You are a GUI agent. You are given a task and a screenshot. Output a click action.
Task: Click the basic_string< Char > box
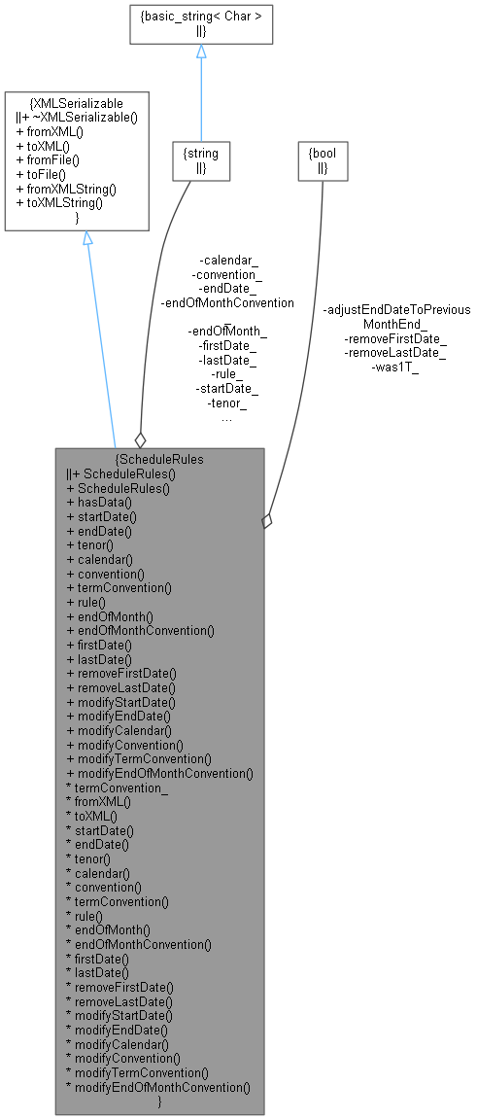[201, 23]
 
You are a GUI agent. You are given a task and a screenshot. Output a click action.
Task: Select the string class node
[201, 159]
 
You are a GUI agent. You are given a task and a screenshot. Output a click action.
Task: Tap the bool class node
[322, 159]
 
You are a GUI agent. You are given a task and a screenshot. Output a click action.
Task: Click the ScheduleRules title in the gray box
[159, 458]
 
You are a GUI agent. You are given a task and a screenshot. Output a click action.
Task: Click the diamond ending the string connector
[141, 439]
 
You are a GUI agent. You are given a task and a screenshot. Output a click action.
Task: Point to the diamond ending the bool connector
[267, 521]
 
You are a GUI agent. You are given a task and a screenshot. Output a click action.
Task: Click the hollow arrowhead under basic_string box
[201, 52]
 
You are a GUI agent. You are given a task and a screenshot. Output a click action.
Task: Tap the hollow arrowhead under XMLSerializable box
[86, 238]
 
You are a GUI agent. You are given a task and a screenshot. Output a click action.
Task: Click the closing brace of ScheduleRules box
[159, 1102]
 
